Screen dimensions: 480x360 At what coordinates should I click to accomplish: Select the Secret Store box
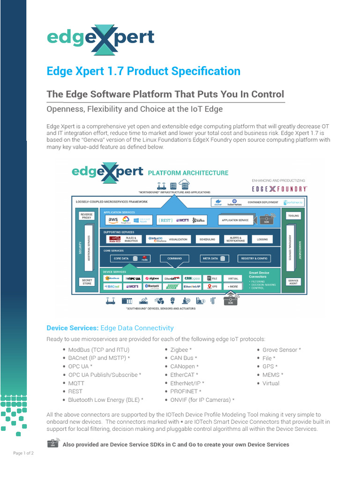[x=87, y=281]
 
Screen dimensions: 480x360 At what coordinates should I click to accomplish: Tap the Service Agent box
[x=293, y=281]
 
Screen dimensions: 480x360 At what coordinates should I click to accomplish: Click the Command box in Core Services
[x=174, y=258]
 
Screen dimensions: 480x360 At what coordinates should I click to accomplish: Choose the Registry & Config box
[x=254, y=258]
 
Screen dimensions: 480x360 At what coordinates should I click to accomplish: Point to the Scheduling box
[x=207, y=239]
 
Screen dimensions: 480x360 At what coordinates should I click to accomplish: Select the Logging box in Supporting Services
[x=262, y=239]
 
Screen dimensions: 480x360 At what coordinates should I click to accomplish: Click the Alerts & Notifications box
[x=234, y=239]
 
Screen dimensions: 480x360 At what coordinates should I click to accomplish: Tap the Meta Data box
[x=214, y=258]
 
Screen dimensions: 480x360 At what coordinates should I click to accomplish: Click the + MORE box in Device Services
[x=233, y=286]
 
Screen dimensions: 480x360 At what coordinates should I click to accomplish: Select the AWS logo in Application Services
[x=113, y=220]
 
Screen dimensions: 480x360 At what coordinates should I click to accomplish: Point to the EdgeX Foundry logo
[x=279, y=188]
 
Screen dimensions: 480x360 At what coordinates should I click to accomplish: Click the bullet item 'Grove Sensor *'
[x=281, y=350]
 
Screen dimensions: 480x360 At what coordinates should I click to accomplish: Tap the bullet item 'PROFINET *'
[x=186, y=391]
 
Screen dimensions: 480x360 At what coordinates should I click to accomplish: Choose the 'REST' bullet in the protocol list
[x=75, y=391]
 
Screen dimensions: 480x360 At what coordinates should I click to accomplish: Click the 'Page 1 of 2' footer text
[x=23, y=453]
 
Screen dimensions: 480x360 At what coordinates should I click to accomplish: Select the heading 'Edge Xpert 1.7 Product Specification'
[x=143, y=71]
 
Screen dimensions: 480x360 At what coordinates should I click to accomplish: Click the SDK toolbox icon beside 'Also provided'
[x=53, y=443]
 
